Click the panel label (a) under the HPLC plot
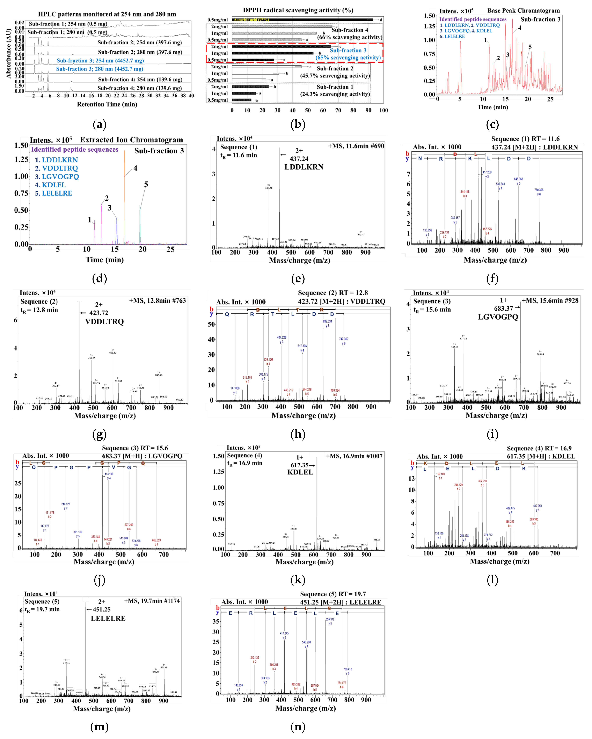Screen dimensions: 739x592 click(100, 124)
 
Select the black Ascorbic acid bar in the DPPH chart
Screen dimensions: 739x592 click(302, 20)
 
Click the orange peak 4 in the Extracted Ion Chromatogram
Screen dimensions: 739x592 click(124, 199)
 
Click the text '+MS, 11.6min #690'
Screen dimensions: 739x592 click(356, 146)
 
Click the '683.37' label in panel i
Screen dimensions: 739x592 click(503, 309)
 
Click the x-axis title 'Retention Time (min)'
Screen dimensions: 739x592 click(107, 104)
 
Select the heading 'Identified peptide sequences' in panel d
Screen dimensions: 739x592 click(75, 149)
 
